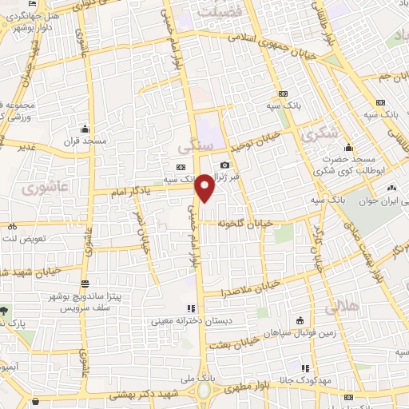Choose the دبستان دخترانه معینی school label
click(182, 323)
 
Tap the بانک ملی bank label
click(205, 375)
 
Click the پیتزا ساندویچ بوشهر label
click(115, 296)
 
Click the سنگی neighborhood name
click(196, 148)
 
